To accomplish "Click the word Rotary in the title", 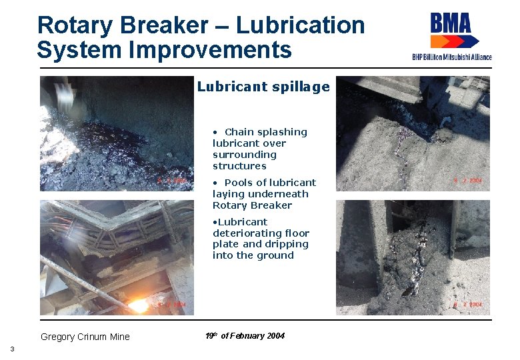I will pyautogui.click(x=68, y=26).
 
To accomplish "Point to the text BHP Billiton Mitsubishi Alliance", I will pyautogui.click(x=451, y=57).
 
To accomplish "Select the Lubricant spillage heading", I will pyautogui.click(x=263, y=87).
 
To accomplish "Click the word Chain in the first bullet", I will pyautogui.click(x=239, y=132).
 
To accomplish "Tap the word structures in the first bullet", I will pyautogui.click(x=239, y=166).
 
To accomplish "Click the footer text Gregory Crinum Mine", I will pyautogui.click(x=85, y=337).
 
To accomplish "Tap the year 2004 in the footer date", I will pyautogui.click(x=276, y=336).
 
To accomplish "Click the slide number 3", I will pyautogui.click(x=12, y=349).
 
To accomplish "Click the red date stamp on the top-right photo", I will pyautogui.click(x=468, y=181).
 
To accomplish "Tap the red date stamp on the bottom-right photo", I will pyautogui.click(x=468, y=305).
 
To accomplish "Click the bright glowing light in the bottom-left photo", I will pyautogui.click(x=138, y=305).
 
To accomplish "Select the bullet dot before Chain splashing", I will pyautogui.click(x=215, y=132).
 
